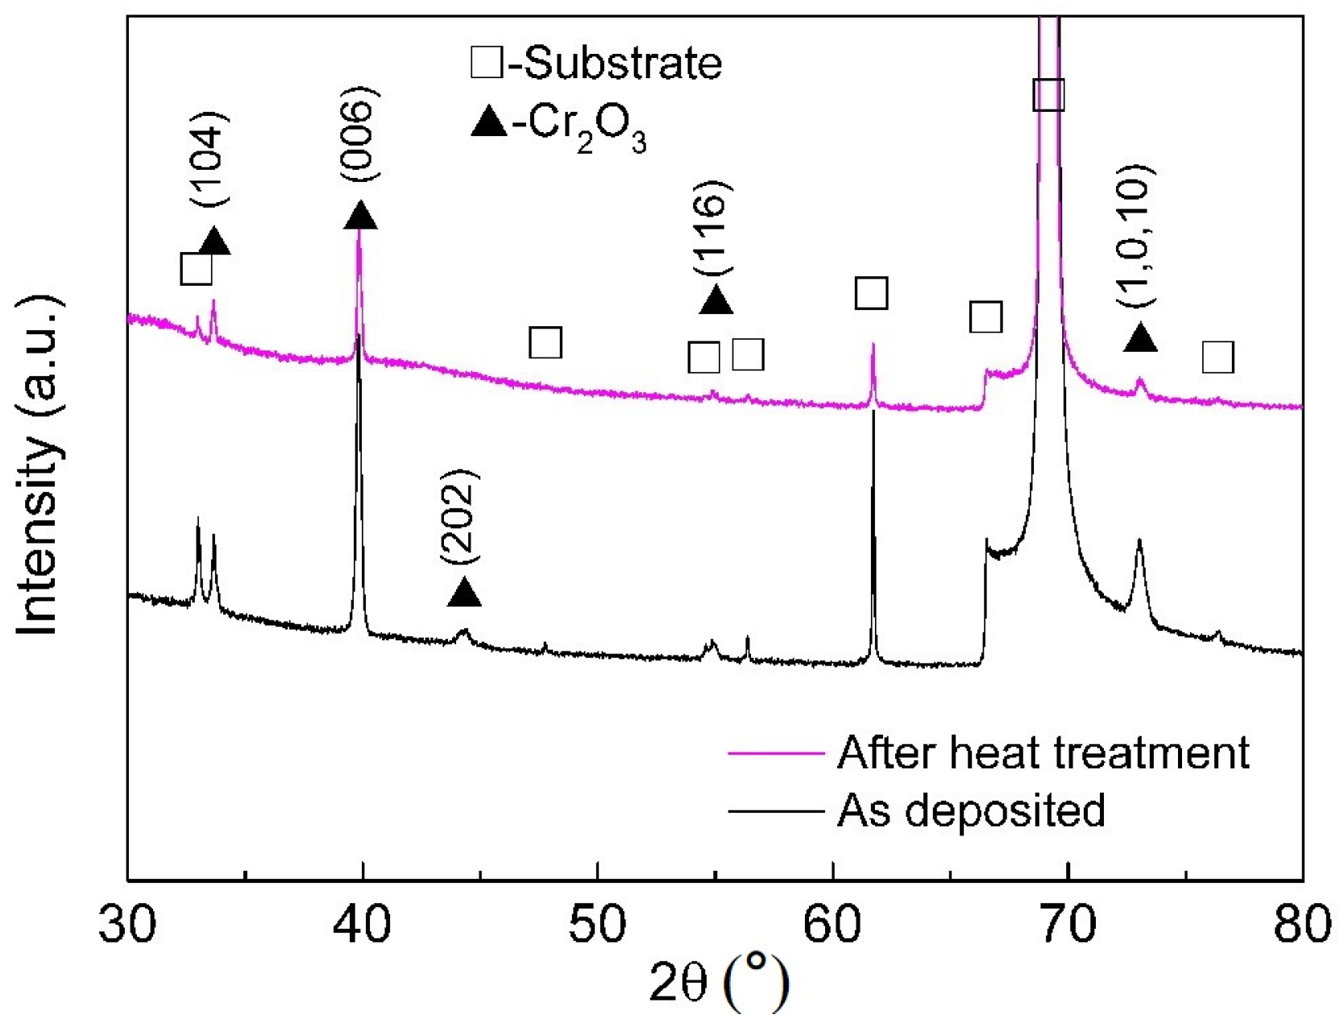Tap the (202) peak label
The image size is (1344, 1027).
click(461, 516)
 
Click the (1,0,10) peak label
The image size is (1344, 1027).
click(1137, 235)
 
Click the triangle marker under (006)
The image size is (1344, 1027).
click(360, 215)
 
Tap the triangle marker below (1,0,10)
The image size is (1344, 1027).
click(1140, 338)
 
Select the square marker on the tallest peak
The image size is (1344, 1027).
click(1048, 95)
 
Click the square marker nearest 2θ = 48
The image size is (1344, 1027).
click(545, 343)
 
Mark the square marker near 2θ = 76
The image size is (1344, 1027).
click(1217, 357)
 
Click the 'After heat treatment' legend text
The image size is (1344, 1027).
click(1043, 752)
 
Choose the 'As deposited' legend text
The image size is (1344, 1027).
click(971, 810)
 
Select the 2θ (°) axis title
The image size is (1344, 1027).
click(719, 984)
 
